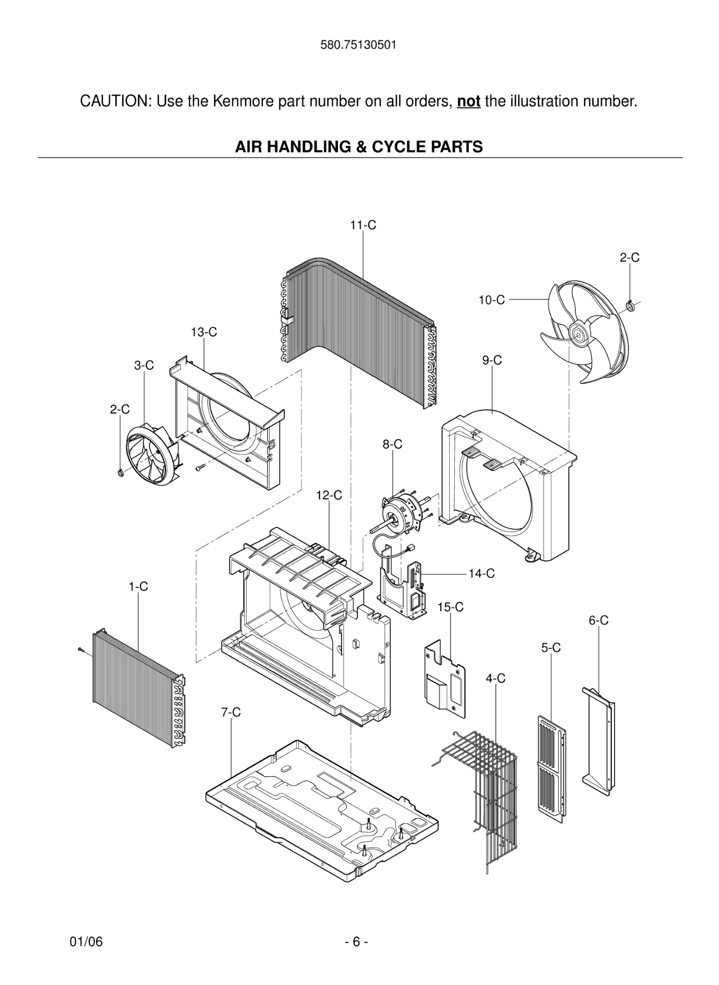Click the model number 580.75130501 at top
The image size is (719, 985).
pos(358,45)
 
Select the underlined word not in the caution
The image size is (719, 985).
pos(468,101)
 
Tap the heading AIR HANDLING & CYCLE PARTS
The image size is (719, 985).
pos(359,147)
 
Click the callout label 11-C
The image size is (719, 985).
pos(363,225)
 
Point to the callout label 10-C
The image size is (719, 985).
pos(492,300)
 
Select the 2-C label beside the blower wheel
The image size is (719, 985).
pos(120,409)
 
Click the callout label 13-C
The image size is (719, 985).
pos(204,332)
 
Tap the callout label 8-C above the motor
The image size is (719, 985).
pos(392,445)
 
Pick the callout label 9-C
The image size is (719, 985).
pos(492,360)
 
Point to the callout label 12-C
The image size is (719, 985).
pos(329,495)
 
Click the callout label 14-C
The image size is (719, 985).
pos(481,573)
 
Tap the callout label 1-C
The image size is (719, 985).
pos(139,587)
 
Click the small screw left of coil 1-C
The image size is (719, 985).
pos(81,650)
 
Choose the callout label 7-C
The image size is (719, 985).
pos(231,713)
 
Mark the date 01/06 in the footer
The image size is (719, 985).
pos(87,942)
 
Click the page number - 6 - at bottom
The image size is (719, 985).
pos(356,942)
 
